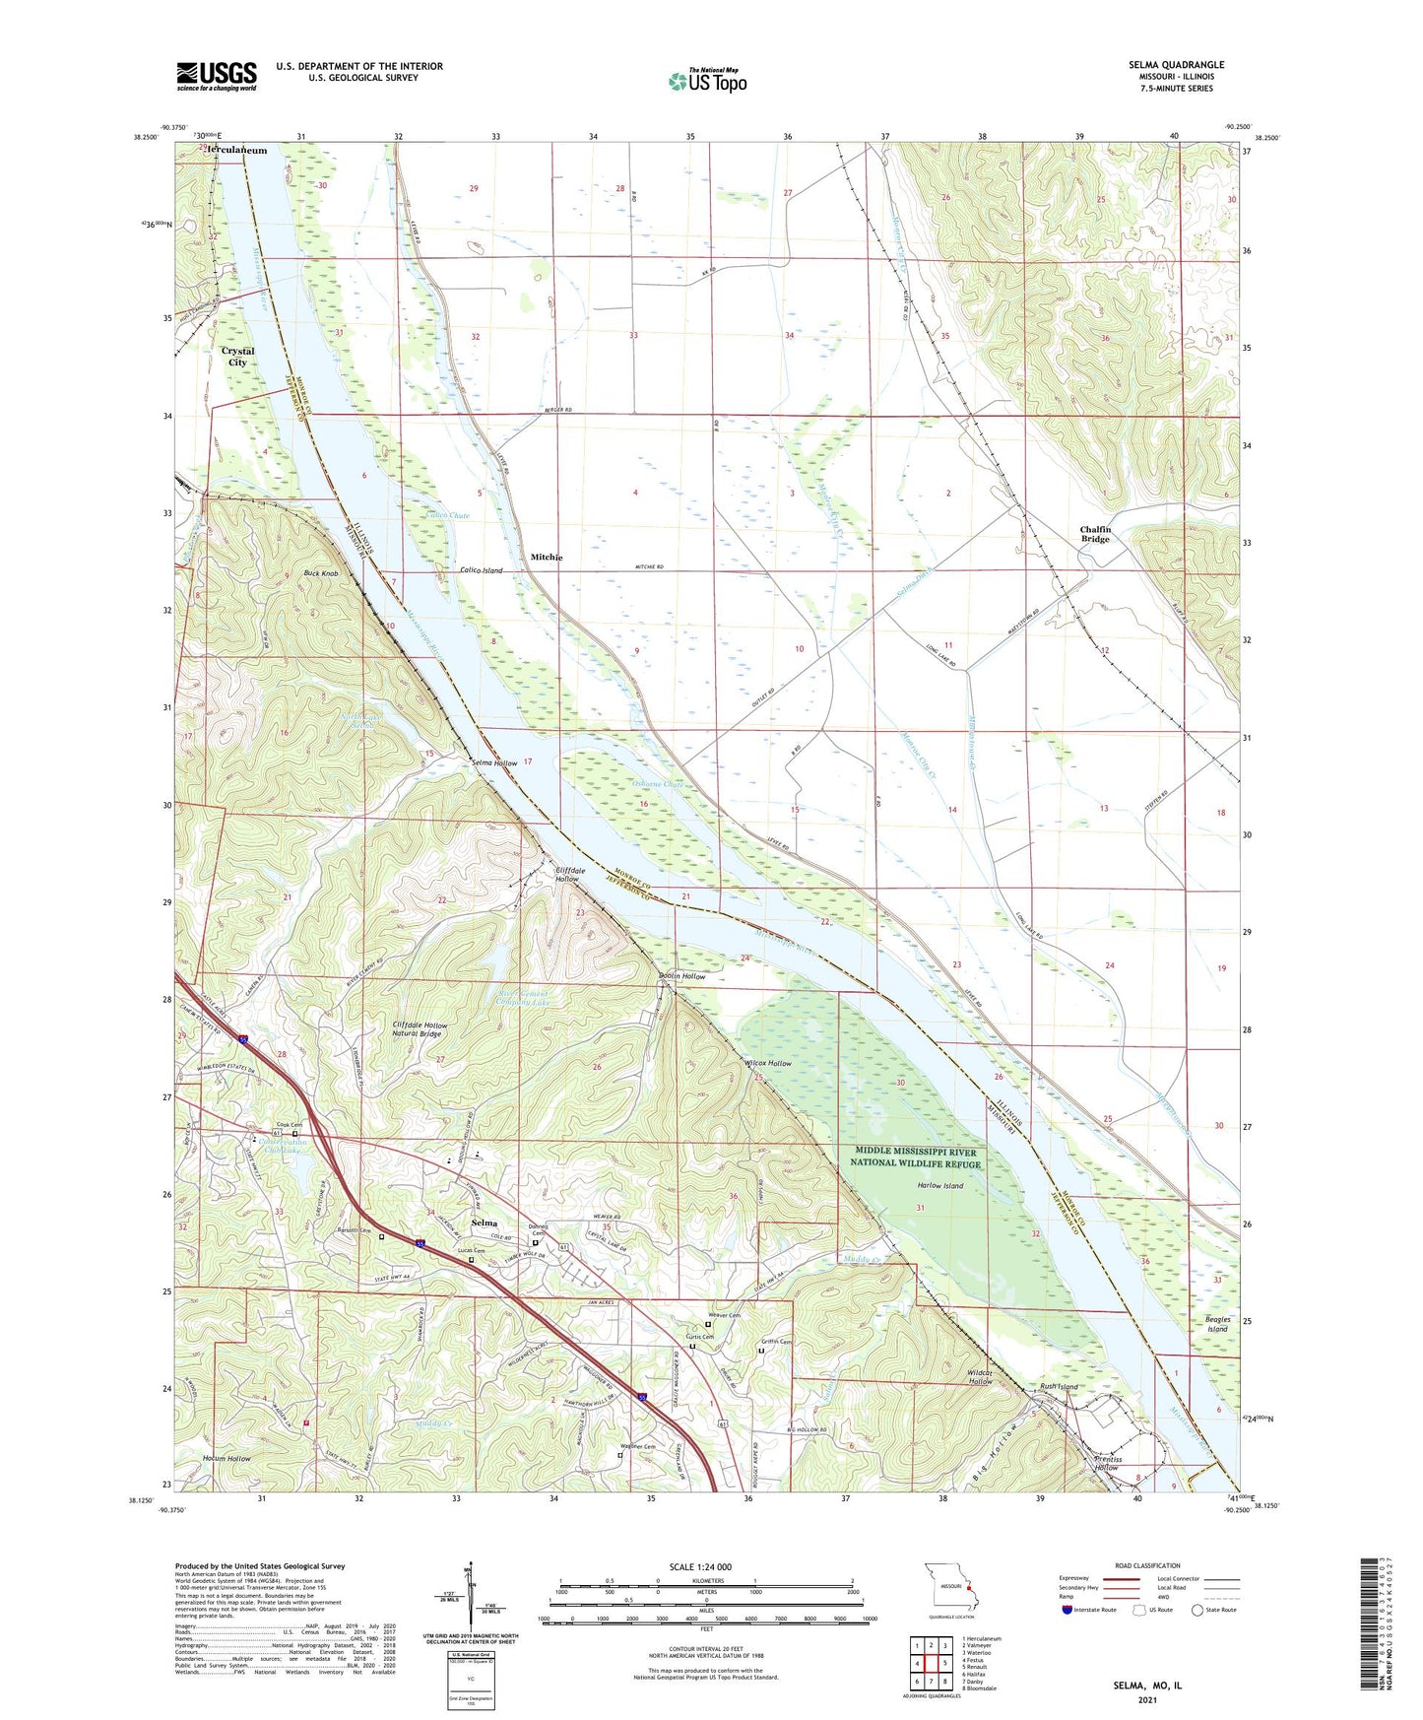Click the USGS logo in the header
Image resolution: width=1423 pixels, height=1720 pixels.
tap(217, 75)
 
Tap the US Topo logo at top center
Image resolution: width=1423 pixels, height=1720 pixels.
tap(707, 81)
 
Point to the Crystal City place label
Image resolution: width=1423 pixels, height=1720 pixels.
tap(237, 357)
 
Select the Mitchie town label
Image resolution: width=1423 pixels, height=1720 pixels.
tap(547, 558)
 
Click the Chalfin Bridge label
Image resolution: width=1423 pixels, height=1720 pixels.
tap(1095, 534)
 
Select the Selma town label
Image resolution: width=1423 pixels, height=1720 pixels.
tap(484, 1223)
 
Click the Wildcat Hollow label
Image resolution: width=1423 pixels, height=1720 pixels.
tap(980, 1376)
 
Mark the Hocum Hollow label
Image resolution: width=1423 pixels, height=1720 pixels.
tap(227, 1458)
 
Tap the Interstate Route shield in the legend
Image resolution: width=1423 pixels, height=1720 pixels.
tap(1067, 1611)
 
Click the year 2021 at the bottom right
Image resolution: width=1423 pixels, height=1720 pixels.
tap(1147, 1699)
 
